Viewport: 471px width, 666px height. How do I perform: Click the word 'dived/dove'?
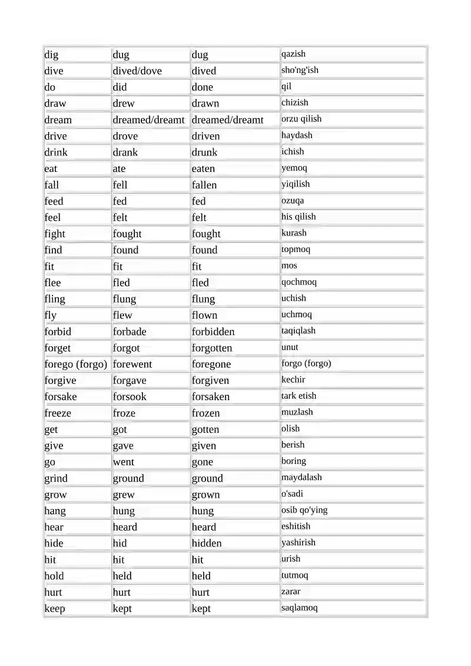(137, 71)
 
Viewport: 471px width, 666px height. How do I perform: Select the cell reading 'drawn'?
(205, 103)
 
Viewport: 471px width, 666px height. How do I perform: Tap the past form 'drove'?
(125, 136)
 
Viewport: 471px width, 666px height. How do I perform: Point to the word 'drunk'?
(204, 152)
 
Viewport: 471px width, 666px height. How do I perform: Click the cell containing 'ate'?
(119, 168)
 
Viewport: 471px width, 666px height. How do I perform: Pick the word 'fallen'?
(204, 185)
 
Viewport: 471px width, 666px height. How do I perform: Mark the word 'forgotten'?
(212, 348)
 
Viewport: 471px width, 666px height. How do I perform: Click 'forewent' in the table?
(132, 364)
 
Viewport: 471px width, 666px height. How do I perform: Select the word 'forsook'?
(130, 397)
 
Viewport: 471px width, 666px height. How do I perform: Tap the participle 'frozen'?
(205, 413)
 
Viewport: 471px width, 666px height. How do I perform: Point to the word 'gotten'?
(205, 429)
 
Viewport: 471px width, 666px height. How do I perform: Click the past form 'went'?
(124, 462)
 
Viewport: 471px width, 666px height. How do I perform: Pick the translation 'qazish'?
(293, 54)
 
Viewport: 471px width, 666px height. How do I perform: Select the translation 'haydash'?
(297, 135)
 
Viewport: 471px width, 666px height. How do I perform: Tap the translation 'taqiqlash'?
(298, 331)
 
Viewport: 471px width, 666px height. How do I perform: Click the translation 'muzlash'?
(297, 412)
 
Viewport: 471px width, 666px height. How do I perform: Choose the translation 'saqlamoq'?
(300, 608)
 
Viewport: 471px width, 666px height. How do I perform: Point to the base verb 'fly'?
(51, 315)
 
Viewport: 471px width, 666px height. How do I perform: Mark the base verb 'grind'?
(56, 478)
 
